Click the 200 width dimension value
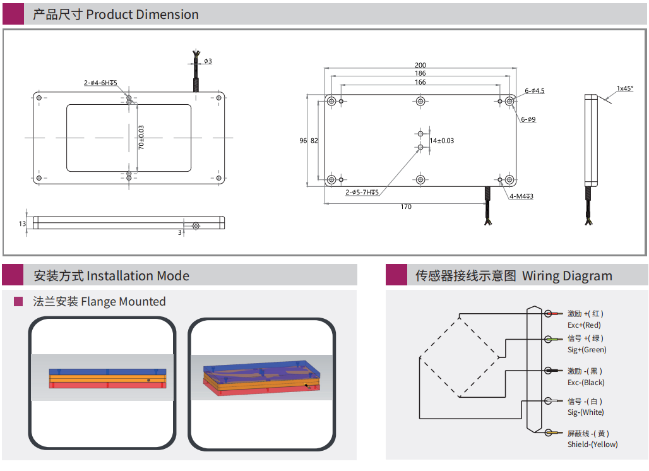coord(420,65)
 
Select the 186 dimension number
coord(420,73)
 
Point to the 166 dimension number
coord(420,82)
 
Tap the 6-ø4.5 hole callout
coord(534,91)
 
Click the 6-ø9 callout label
coord(528,119)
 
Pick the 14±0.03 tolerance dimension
coord(442,140)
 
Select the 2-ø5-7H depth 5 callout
coord(362,192)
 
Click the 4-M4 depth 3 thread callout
coord(521,196)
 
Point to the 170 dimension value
coord(406,206)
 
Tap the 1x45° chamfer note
coord(625,88)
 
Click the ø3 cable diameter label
coord(208,61)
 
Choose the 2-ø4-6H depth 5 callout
coord(100,83)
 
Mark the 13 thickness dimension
coord(22,224)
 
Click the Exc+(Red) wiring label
coord(584,325)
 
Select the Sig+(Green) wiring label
coord(586,350)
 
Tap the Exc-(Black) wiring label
coord(586,383)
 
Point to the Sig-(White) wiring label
coord(585,412)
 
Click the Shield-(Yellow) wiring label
coord(592,444)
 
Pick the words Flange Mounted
coord(123,302)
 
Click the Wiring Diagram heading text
coord(567,276)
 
